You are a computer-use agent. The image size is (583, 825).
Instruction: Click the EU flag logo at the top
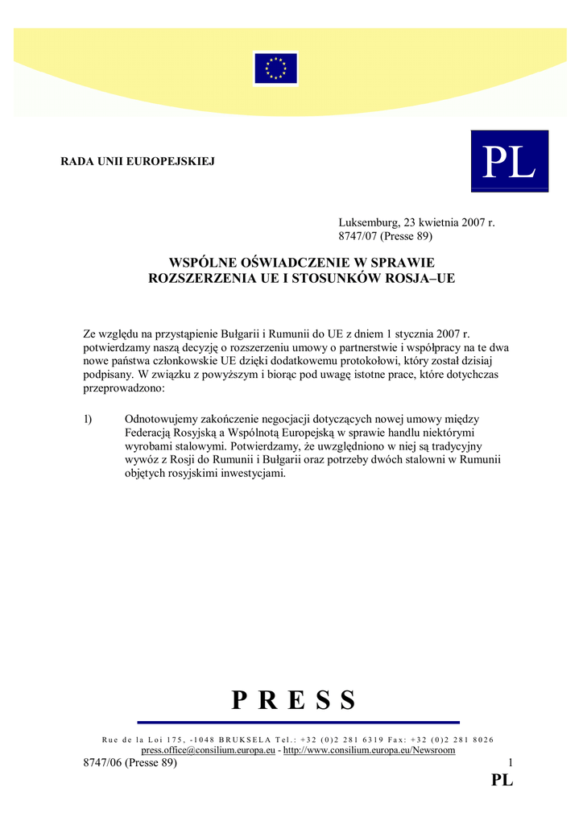(x=275, y=68)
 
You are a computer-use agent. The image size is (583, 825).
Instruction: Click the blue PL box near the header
(x=509, y=161)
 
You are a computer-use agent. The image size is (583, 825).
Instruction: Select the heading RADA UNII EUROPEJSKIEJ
(x=138, y=161)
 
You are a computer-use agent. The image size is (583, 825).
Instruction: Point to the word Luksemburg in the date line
(x=366, y=222)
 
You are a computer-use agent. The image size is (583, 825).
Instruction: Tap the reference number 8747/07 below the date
(x=357, y=236)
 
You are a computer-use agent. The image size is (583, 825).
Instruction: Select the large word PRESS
(x=293, y=700)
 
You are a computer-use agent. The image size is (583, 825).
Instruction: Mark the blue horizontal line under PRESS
(x=298, y=722)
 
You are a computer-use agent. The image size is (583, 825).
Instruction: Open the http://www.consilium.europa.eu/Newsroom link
(x=370, y=750)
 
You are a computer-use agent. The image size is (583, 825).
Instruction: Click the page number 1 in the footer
(x=510, y=763)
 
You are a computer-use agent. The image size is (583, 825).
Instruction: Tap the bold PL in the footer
(x=502, y=780)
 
